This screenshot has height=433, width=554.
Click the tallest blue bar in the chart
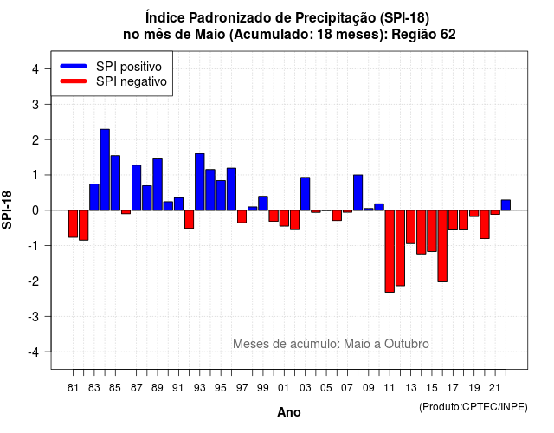point(105,170)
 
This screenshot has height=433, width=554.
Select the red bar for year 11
point(390,251)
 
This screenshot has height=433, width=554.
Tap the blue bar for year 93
point(200,182)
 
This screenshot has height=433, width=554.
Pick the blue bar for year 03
point(306,194)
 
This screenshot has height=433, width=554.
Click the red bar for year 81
point(73,223)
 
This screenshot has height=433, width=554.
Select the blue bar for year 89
point(158,184)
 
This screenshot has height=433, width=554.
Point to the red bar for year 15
point(432,231)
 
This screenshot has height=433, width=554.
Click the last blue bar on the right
point(506,205)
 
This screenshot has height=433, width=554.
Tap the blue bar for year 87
point(137,188)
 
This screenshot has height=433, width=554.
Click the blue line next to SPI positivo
point(74,66)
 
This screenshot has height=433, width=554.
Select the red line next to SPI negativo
point(74,81)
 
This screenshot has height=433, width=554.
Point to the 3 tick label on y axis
point(35,104)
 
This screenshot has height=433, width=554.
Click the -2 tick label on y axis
point(34,281)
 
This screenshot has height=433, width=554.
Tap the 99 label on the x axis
point(263,388)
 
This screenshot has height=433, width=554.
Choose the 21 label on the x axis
point(494,388)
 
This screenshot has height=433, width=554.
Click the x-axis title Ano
point(289,412)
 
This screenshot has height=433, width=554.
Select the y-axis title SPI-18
point(7,210)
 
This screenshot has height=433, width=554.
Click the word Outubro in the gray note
point(407,344)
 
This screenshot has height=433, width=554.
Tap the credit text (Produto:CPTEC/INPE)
point(473,407)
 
